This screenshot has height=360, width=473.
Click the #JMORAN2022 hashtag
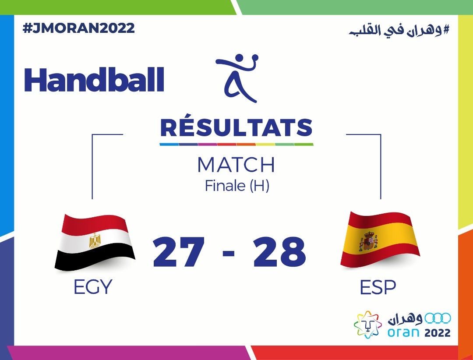pos(78,28)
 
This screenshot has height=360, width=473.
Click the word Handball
pos(94,79)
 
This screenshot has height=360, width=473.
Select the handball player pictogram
pos(237,78)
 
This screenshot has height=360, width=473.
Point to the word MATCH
pos(236,165)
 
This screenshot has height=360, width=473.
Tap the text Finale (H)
pos(237,186)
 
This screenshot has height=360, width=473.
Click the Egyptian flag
pos(95,242)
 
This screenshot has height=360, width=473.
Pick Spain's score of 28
pos(279,252)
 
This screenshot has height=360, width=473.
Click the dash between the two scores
pos(229,253)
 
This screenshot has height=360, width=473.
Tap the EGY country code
pos(93,287)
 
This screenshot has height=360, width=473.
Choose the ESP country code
pos(378,287)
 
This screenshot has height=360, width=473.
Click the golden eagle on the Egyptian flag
pos(95,240)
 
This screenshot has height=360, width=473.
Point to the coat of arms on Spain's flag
pos(368,241)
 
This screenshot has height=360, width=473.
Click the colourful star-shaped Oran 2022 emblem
pos(368,325)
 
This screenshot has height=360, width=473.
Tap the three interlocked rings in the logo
pos(438,318)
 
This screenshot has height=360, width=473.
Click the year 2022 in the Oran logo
pos(438,333)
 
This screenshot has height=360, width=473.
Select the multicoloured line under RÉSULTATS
pos(236,144)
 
